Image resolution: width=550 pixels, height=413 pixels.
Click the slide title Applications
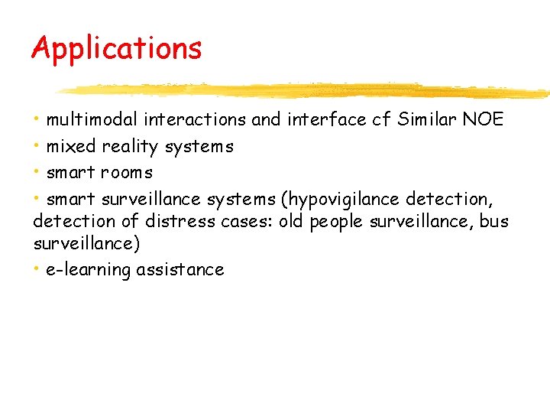(116, 49)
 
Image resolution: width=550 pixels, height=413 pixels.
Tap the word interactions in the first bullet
(195, 119)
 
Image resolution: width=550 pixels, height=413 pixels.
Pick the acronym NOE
(481, 119)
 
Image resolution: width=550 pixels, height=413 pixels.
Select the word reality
(130, 146)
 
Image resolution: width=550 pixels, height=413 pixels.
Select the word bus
(493, 222)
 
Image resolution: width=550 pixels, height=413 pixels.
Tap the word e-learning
(89, 270)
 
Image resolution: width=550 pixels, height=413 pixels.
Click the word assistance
(180, 270)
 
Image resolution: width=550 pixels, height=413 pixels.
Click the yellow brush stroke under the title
(306, 91)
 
